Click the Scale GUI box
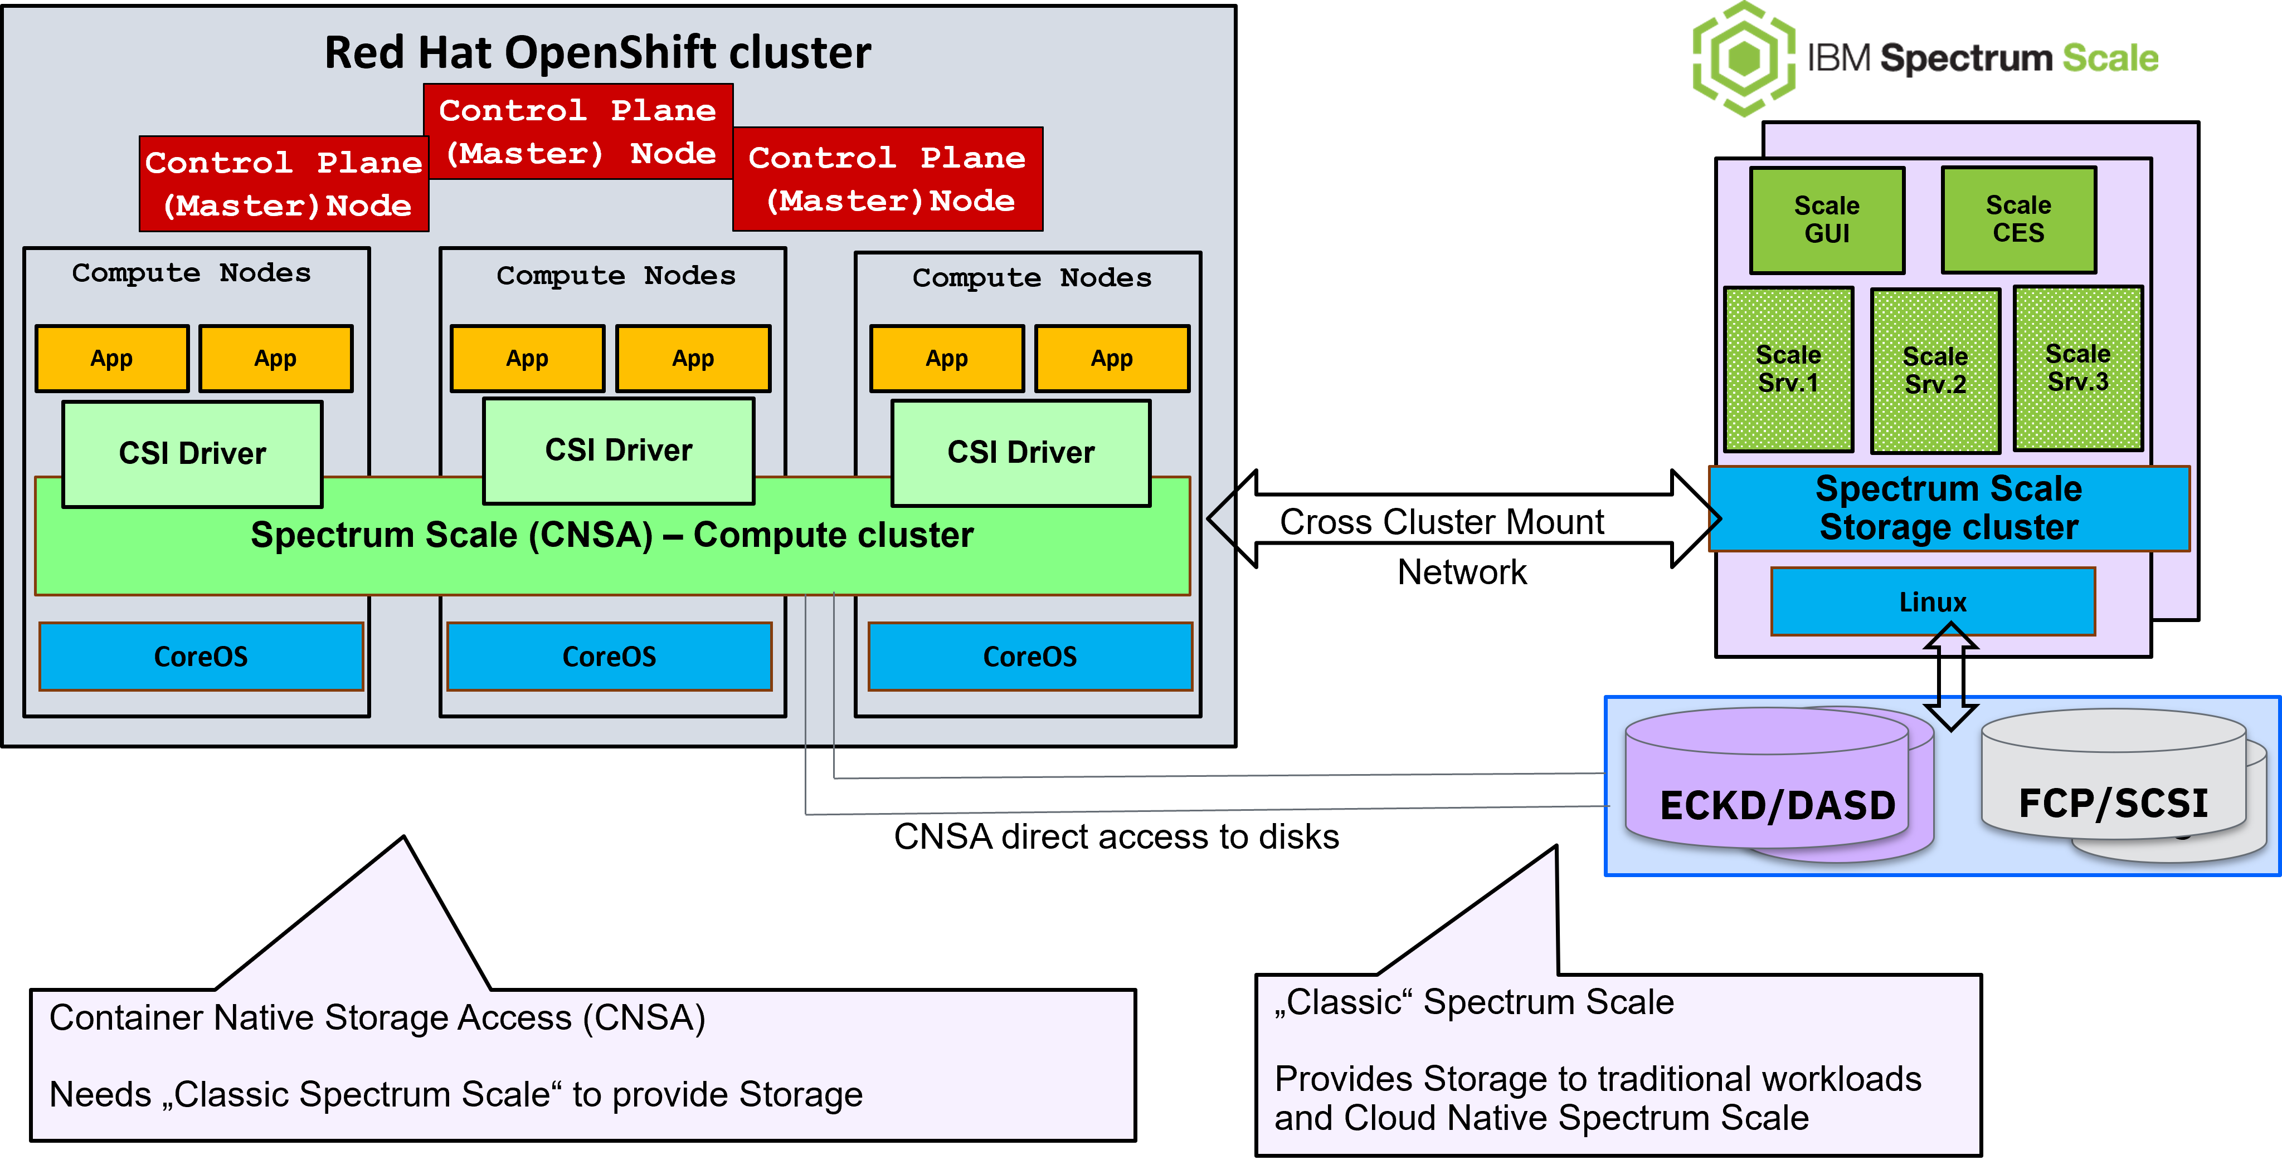[x=1827, y=219]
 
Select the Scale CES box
[x=2018, y=219]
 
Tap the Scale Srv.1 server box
[x=1789, y=368]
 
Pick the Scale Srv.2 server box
[x=1935, y=370]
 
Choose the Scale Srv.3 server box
[x=2077, y=368]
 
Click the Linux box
[x=1933, y=601]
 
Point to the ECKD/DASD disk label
[x=1777, y=805]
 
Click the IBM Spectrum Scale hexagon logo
[x=1744, y=58]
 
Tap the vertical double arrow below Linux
[x=1950, y=676]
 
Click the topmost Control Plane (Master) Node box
[x=578, y=131]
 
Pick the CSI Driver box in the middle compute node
[x=619, y=451]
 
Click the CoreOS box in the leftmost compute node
[x=201, y=656]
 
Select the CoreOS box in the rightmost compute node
[x=1030, y=656]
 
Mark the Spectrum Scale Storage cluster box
[x=1949, y=508]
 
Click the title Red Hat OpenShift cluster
[x=598, y=52]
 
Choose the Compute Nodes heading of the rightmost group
[x=1032, y=278]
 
